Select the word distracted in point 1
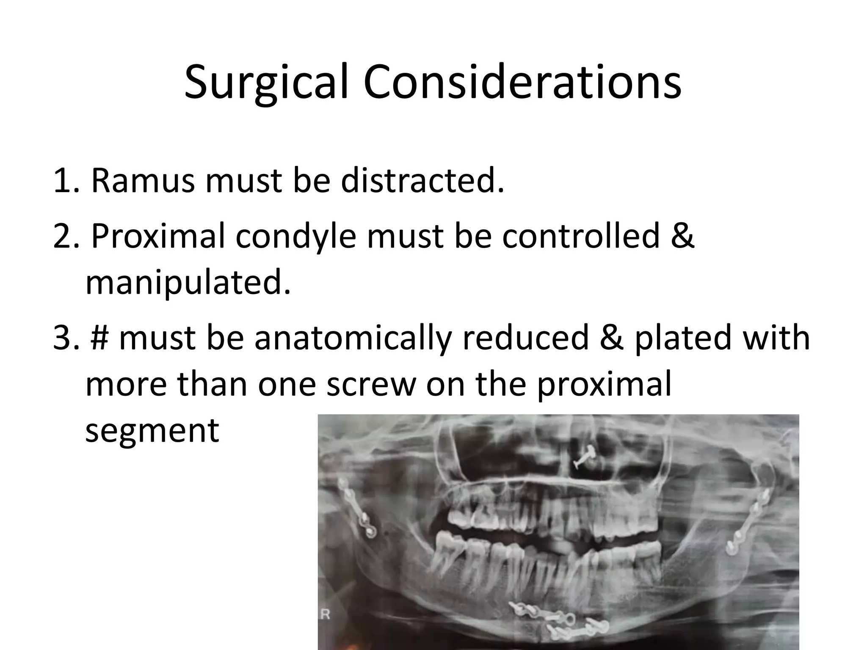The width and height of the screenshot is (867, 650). coord(422,181)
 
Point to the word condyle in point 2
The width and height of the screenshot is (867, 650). coord(296,236)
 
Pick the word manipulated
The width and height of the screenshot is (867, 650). coord(188,283)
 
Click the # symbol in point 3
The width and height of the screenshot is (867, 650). coord(99,338)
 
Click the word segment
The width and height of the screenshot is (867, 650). coord(152,431)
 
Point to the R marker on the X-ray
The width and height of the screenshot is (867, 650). coord(325,614)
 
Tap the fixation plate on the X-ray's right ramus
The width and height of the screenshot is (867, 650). coord(749,525)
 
